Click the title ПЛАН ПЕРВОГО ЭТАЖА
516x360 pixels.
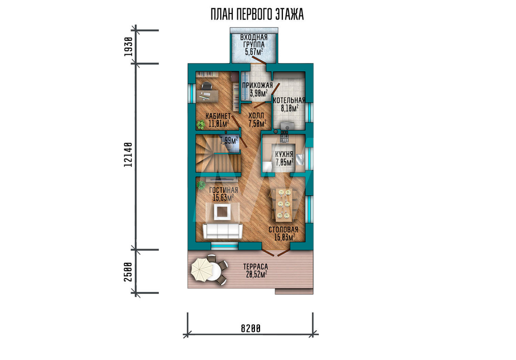coord(257,14)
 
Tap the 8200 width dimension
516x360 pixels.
coord(251,328)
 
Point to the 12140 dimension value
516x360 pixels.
coord(128,154)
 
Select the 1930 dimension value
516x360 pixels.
coord(128,46)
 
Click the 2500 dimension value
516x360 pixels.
coord(128,272)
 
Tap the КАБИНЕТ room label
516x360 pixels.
coord(218,116)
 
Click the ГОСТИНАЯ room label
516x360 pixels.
coord(223,191)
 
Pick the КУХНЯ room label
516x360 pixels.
coord(284,154)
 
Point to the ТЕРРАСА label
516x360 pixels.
coord(256,267)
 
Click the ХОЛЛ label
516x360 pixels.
coord(256,116)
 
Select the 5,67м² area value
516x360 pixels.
coord(254,51)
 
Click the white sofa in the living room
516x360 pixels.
coord(222,231)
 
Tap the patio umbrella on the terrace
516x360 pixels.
coord(202,270)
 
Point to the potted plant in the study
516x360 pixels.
coord(200,124)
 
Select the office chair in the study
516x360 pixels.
coord(206,86)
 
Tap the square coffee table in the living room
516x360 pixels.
coord(222,212)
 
